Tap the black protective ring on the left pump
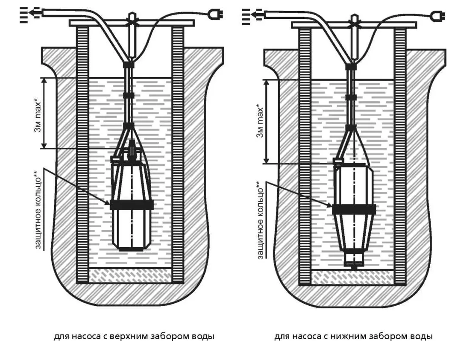[132, 205]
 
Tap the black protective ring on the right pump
[354, 209]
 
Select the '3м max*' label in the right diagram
[261, 120]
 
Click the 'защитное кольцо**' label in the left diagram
[37, 209]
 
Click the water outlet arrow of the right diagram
[252, 16]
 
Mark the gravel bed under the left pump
[130, 275]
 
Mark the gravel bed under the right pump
[352, 278]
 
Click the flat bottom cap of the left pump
[132, 248]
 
